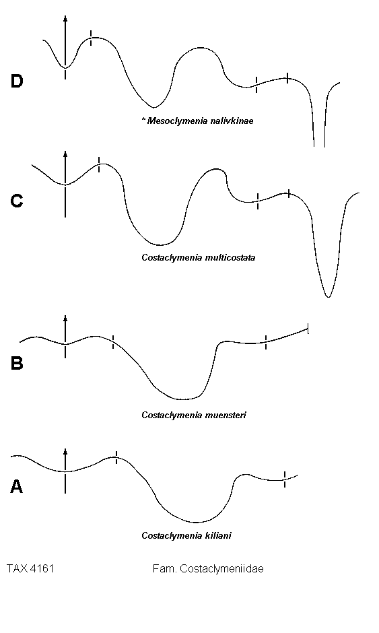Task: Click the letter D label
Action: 17,81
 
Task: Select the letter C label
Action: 17,201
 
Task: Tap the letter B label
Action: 17,363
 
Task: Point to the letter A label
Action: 16,486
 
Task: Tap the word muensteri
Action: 226,415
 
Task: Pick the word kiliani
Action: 218,536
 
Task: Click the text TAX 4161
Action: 30,569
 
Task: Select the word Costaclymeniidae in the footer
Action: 221,569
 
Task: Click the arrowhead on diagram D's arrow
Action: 65,18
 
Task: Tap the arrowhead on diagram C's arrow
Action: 65,154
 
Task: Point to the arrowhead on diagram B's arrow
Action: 65,318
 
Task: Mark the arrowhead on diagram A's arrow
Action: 65,451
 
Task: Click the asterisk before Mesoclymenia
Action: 143,119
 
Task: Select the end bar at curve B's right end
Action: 308,329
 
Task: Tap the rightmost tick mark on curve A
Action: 285,479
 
